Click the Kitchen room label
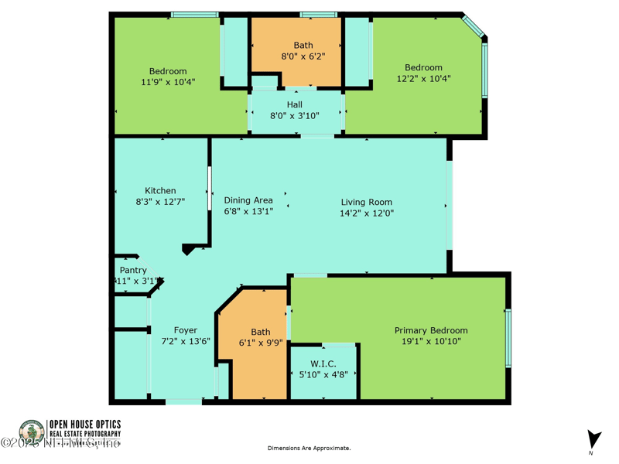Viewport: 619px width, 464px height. [x=160, y=191]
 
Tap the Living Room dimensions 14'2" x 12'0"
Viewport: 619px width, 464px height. [x=368, y=213]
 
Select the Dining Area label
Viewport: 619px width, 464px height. [x=248, y=200]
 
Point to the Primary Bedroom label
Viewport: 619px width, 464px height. [x=431, y=331]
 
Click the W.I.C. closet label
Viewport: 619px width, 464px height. [x=323, y=363]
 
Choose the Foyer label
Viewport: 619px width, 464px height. [x=185, y=331]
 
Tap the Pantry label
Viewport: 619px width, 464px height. [x=133, y=271]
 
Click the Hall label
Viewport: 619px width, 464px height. [x=295, y=105]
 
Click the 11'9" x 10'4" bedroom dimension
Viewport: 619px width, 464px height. [x=168, y=82]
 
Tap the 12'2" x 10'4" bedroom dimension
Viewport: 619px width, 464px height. [x=423, y=79]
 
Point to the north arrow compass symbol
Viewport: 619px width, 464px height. [x=593, y=439]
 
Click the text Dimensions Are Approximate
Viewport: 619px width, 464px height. [x=309, y=449]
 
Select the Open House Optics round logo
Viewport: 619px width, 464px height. [x=32, y=432]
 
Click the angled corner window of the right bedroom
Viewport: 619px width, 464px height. [x=474, y=26]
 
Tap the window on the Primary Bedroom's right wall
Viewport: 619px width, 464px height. [x=508, y=338]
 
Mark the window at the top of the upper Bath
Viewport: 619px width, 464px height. [x=318, y=14]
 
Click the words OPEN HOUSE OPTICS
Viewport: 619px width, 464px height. [x=85, y=424]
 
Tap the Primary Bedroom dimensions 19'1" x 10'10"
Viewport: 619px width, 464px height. [x=431, y=341]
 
